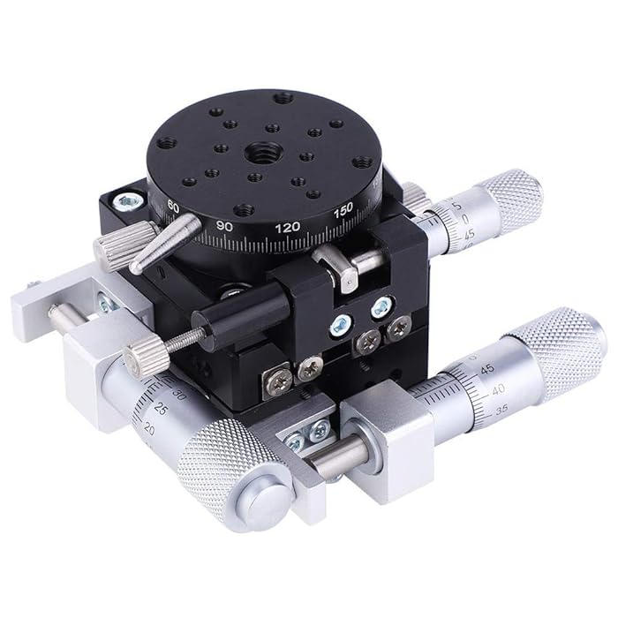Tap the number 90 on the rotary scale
click(x=224, y=225)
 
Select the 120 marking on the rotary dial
click(x=287, y=227)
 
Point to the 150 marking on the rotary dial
click(x=343, y=209)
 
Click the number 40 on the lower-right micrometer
click(x=498, y=388)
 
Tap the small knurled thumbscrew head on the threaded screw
click(x=140, y=358)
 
